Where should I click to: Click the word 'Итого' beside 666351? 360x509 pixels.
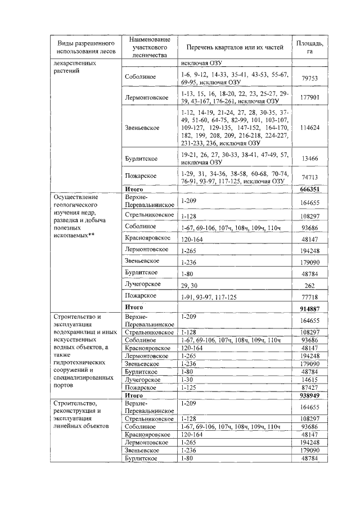tap(133, 190)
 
